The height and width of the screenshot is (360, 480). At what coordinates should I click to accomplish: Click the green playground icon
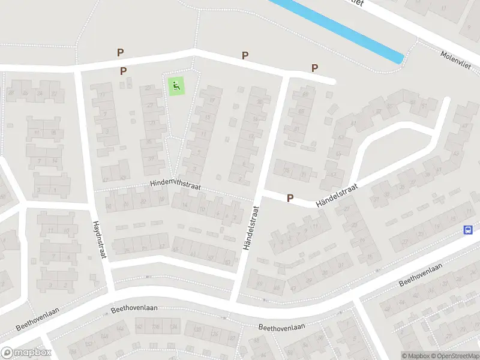point(175,86)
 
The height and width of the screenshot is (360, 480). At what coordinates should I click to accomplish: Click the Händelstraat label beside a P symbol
point(337,194)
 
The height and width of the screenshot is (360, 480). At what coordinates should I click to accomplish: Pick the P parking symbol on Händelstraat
point(290,198)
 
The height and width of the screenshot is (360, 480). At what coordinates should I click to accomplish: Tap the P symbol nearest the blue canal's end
point(314,68)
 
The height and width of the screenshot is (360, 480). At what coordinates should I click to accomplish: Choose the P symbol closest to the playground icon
point(124,71)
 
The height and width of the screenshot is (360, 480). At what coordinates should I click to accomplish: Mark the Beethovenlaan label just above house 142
point(134,308)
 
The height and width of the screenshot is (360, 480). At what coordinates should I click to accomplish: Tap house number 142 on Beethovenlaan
point(140,328)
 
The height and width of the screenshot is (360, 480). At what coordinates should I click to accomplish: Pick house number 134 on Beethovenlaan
point(174,328)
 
